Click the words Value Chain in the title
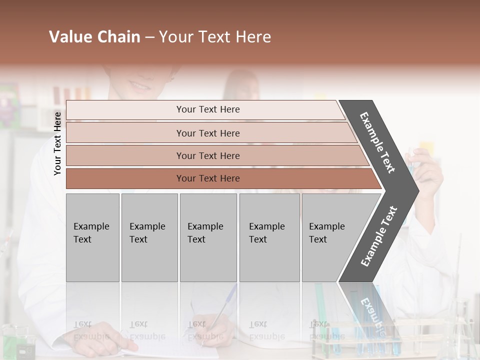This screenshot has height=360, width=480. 94,37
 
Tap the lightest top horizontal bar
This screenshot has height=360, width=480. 205,109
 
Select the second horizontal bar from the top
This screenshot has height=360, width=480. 210,133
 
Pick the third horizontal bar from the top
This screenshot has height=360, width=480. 215,155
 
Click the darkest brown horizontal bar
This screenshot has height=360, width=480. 220,178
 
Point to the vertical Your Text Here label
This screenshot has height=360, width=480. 57,143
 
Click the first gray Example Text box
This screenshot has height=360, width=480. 92,237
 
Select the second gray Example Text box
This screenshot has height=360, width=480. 149,237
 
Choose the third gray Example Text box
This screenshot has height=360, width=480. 208,237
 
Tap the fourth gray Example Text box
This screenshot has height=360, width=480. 269,237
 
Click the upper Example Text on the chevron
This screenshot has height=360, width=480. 377,142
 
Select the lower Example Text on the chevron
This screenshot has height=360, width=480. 379,236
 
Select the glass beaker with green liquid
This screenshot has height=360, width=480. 20,342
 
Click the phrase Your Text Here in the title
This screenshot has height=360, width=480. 215,37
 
